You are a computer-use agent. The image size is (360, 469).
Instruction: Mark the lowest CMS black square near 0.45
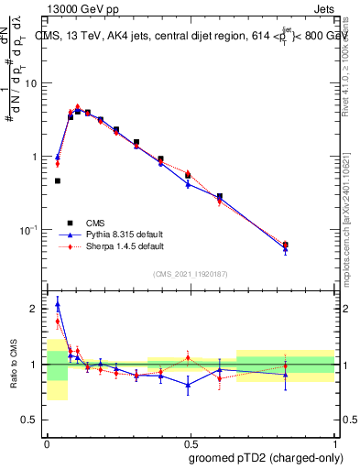(x=58, y=180)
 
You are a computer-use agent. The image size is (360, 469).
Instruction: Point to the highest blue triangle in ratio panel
(x=58, y=305)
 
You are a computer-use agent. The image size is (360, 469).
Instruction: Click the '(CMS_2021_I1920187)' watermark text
(x=189, y=275)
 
